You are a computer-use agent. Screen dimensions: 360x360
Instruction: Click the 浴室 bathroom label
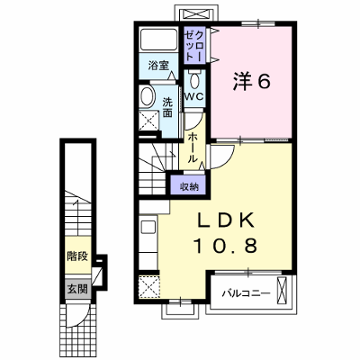click(x=158, y=66)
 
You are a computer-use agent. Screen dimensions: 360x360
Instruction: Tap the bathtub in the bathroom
click(x=158, y=40)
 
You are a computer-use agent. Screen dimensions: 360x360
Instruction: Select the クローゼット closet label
click(x=194, y=46)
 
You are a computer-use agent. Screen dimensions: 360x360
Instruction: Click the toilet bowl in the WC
click(x=194, y=80)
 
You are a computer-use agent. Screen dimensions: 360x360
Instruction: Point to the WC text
click(x=194, y=96)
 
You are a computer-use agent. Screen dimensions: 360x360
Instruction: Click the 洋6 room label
click(x=251, y=81)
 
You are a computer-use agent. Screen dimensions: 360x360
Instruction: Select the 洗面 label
click(x=167, y=108)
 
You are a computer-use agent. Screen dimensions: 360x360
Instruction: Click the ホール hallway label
click(x=193, y=148)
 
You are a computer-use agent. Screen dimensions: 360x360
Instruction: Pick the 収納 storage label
click(x=189, y=187)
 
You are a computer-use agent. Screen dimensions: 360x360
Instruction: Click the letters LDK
click(x=226, y=221)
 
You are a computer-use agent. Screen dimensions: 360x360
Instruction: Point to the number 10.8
click(x=226, y=246)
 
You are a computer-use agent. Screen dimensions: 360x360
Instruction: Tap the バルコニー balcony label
click(x=246, y=292)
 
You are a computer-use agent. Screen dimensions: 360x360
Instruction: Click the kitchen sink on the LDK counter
click(x=148, y=227)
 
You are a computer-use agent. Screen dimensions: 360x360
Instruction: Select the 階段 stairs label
click(x=77, y=256)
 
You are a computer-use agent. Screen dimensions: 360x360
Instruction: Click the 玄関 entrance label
click(x=77, y=289)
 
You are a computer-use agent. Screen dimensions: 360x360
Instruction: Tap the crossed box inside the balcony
click(x=283, y=291)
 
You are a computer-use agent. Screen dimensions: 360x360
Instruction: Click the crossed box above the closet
click(x=197, y=14)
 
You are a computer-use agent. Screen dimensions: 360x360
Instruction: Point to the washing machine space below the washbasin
click(x=149, y=121)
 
